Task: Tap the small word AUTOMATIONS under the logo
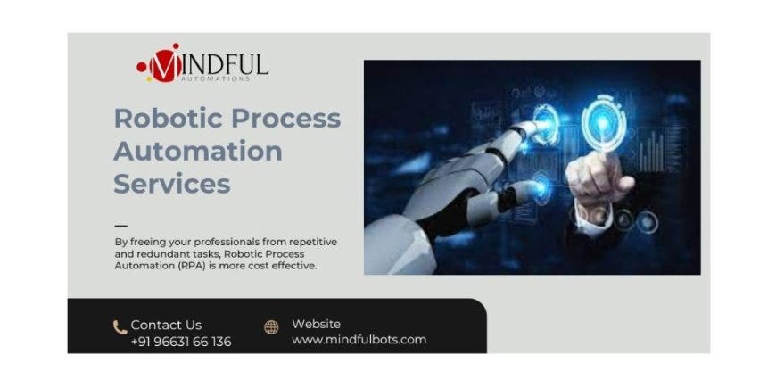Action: (217, 79)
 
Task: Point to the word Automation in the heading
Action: (198, 150)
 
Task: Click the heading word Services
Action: (171, 183)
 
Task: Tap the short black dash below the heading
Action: (121, 226)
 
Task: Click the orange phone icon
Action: (120, 327)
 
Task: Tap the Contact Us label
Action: (166, 325)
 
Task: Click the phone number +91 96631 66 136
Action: (181, 342)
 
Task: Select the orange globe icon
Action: (271, 327)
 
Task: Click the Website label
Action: (317, 324)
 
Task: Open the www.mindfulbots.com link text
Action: (359, 340)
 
